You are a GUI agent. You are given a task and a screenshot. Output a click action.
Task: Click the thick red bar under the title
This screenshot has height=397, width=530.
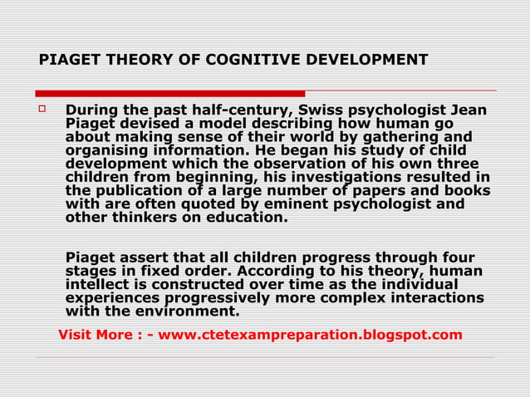pos(170,93)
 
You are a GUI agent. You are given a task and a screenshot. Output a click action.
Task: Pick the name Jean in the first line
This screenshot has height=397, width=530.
pos(469,110)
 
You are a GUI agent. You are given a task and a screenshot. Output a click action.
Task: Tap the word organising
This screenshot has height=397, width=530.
pos(106,150)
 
